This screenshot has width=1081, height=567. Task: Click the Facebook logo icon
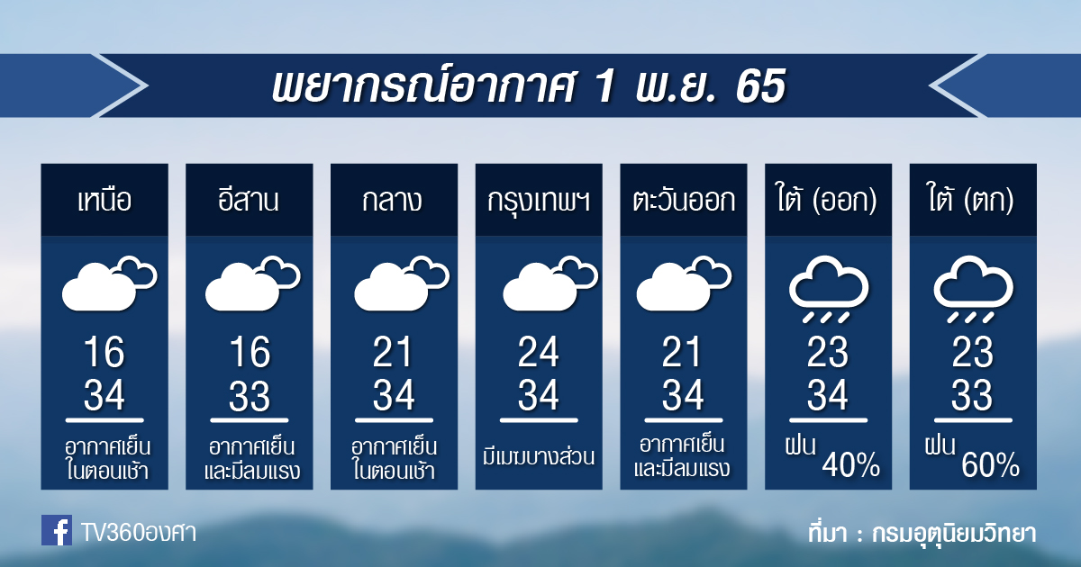(x=57, y=530)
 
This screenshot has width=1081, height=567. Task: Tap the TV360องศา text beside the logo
(x=139, y=533)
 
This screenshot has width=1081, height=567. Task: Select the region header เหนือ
(x=104, y=200)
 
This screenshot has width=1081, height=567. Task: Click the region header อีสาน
(x=249, y=199)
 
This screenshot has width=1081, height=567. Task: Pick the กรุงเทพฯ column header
(x=539, y=202)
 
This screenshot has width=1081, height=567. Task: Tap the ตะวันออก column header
(x=684, y=200)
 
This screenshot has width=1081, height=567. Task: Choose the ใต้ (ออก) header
(x=828, y=199)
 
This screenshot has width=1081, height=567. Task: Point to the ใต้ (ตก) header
(x=972, y=199)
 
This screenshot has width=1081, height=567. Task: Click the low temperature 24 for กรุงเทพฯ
(x=539, y=352)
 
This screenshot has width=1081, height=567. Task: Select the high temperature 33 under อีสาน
(x=249, y=396)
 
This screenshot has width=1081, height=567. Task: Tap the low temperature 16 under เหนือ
(x=104, y=352)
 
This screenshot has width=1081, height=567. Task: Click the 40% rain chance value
(x=851, y=464)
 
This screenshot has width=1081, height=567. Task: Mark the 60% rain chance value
(x=990, y=464)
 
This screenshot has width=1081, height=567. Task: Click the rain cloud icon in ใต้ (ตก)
(x=973, y=289)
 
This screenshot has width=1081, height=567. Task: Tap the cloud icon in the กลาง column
(x=402, y=283)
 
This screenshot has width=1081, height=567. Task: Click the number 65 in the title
(x=761, y=86)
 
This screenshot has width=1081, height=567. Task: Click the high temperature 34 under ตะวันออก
(x=683, y=395)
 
